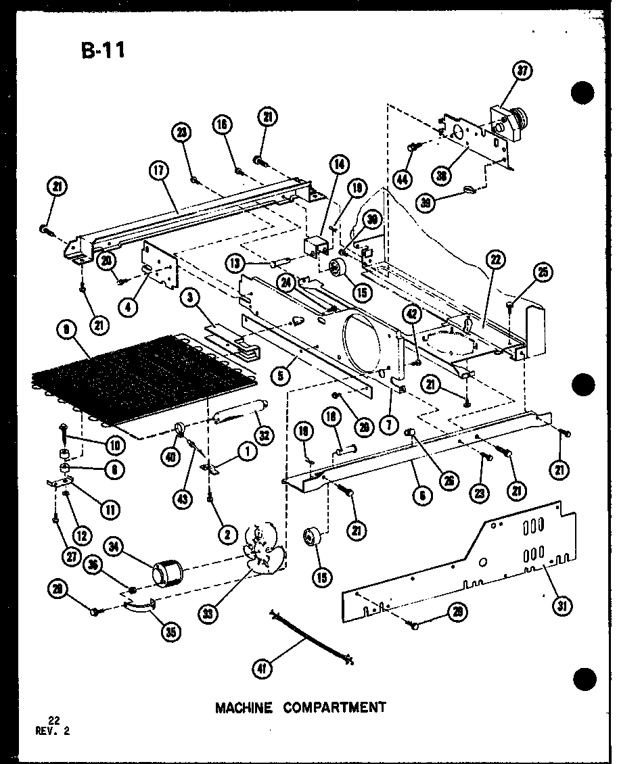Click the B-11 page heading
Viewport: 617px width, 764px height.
pyautogui.click(x=102, y=50)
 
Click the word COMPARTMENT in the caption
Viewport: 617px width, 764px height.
pyautogui.click(x=334, y=707)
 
